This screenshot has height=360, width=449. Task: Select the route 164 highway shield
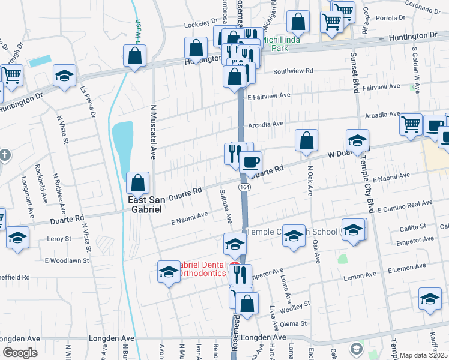click(x=244, y=188)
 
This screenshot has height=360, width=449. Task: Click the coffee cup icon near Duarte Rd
click(x=250, y=161)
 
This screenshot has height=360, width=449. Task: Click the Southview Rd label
click(x=294, y=71)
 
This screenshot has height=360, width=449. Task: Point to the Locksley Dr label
click(x=199, y=26)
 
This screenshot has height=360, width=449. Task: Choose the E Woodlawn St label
click(x=67, y=261)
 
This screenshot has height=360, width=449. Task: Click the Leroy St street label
click(x=59, y=239)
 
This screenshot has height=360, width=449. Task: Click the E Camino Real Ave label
click(x=405, y=206)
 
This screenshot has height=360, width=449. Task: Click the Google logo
click(x=19, y=353)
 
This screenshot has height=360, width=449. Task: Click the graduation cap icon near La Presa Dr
click(x=64, y=76)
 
